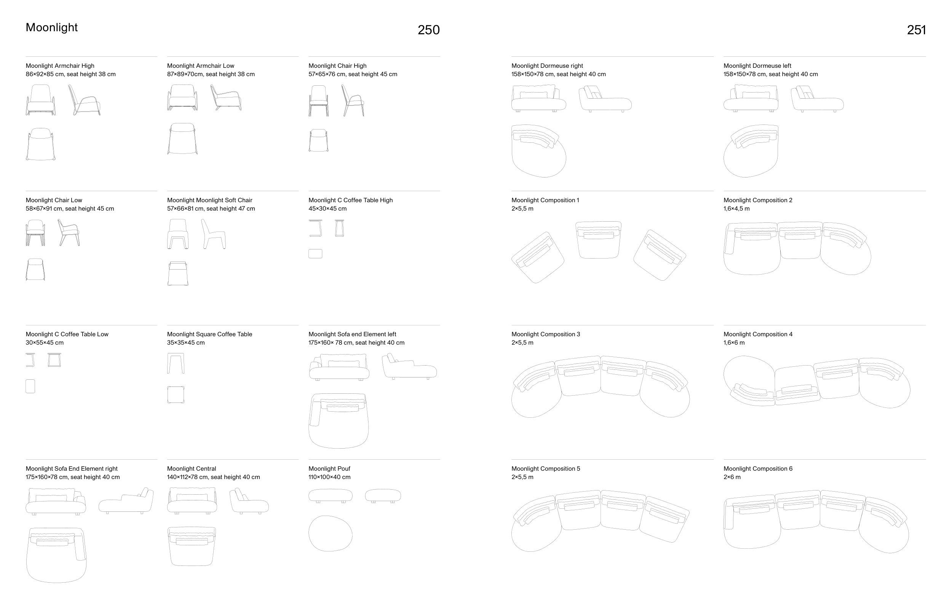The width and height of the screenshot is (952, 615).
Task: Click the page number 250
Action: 428,30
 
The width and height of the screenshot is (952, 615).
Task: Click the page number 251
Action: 916,30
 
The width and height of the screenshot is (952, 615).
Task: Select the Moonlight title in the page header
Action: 51,27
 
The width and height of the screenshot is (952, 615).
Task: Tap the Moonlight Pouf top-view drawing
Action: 330,534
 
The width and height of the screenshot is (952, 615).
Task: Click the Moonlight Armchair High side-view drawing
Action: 84,100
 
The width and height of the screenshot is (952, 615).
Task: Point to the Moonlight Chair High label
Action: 337,65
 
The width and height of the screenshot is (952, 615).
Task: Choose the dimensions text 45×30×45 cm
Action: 327,208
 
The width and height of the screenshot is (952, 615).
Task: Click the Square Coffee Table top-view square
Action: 176,395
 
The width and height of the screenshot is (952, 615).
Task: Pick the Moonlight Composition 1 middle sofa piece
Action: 598,240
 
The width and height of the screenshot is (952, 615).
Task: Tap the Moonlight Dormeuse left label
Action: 757,65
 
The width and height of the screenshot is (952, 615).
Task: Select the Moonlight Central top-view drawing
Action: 192,546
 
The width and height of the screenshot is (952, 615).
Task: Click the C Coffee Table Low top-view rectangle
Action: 30,386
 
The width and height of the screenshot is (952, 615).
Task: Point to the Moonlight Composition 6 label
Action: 758,468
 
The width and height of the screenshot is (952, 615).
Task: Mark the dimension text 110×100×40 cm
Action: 329,477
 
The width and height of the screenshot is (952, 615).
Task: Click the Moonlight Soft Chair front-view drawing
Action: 178,234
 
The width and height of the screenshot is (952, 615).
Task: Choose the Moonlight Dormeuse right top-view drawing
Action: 539,150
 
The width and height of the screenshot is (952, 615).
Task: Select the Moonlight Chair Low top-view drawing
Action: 35,270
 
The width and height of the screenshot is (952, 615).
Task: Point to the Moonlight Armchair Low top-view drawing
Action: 182,139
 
